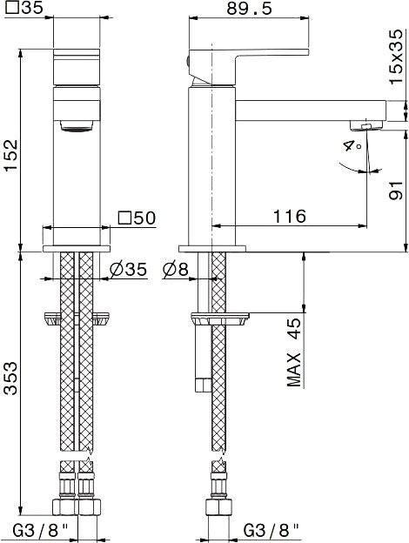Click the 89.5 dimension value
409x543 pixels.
click(x=250, y=9)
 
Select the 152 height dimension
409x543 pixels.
click(x=10, y=155)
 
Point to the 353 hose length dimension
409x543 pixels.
click(x=10, y=379)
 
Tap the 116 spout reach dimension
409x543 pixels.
click(x=290, y=217)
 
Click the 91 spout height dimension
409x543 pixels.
click(x=396, y=190)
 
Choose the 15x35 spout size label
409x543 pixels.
click(x=396, y=56)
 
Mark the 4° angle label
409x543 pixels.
click(x=353, y=145)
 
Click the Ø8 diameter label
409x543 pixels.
click(x=175, y=269)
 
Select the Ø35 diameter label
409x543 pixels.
click(x=128, y=269)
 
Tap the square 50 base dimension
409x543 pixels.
click(x=137, y=218)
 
